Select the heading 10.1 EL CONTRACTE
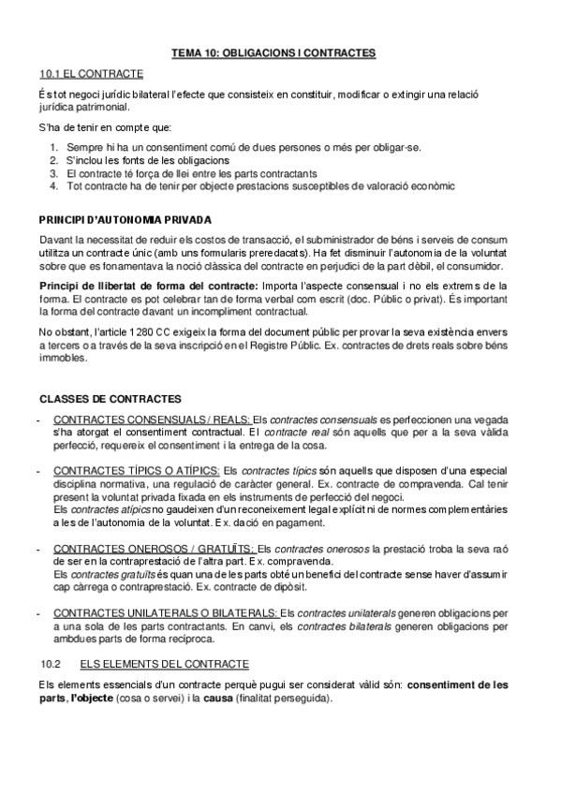[91, 73]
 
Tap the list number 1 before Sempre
[54, 148]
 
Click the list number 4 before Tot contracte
[54, 185]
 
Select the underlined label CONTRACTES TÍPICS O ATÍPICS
[137, 469]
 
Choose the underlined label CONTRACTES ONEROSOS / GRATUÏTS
[140, 548]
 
